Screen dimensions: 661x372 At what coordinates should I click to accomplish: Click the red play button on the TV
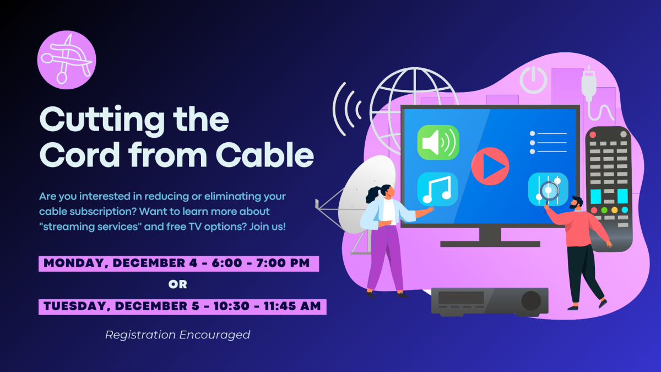490,166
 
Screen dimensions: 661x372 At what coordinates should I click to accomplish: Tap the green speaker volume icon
438,142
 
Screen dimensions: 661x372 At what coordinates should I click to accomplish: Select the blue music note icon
437,189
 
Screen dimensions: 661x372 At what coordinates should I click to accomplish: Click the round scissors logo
67,60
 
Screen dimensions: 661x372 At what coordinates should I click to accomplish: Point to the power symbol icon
533,80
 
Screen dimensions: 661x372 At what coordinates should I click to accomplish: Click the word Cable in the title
265,154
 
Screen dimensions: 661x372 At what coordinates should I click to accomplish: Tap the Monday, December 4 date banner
179,263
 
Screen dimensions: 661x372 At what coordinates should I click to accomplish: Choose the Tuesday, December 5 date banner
182,307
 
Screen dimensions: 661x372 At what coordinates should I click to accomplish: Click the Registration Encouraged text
177,335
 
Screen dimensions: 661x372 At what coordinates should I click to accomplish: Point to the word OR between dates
177,284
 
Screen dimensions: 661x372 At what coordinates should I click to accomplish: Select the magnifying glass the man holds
549,191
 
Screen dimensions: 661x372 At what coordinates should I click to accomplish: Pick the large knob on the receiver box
531,300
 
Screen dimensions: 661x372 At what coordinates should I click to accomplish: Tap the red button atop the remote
593,134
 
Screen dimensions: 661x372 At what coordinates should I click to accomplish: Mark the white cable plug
589,84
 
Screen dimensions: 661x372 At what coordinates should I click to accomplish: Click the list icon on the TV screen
548,143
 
